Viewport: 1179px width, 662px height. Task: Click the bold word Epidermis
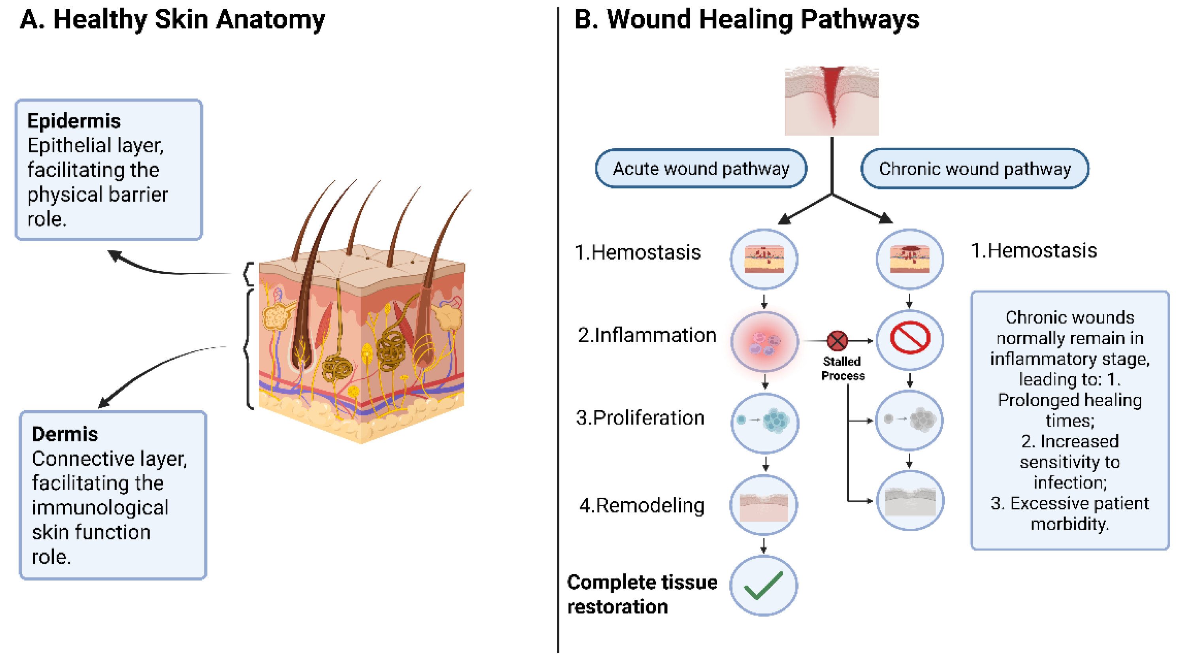(x=73, y=121)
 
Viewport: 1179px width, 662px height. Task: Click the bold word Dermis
(x=65, y=434)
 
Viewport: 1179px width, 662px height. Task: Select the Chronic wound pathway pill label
(x=974, y=168)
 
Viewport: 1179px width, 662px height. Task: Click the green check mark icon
(x=763, y=586)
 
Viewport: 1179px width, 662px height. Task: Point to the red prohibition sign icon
(x=910, y=338)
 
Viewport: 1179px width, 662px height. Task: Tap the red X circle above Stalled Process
(x=837, y=341)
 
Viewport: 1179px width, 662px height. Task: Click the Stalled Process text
(x=843, y=368)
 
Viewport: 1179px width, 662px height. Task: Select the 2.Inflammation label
(x=647, y=335)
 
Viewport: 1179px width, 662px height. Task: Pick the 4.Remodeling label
(x=642, y=506)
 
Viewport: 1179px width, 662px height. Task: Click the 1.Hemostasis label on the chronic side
(x=1034, y=251)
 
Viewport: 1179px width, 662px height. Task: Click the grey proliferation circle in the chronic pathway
(x=910, y=420)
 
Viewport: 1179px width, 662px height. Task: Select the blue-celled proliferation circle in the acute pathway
(x=765, y=422)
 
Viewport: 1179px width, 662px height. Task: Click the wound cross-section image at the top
(x=832, y=101)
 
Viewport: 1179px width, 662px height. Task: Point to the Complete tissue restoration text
(x=642, y=594)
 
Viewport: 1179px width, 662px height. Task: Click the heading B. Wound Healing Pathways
(x=746, y=20)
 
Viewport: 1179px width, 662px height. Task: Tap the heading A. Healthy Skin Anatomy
(x=172, y=20)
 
